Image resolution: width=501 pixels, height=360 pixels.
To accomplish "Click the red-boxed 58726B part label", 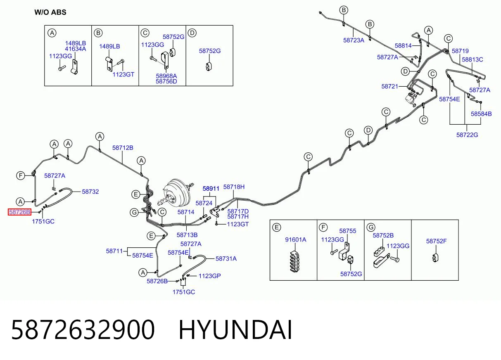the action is point(19,212).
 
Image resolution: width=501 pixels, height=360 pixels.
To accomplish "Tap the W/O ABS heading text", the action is point(50,12).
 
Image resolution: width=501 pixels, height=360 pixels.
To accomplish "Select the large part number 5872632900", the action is point(83,330).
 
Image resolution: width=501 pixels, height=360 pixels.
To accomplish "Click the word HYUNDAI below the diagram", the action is point(235,330).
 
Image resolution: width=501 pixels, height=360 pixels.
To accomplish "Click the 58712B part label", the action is point(123,148).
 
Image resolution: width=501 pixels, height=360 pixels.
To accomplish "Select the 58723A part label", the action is point(354,40).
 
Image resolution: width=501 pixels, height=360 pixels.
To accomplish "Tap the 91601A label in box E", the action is point(295,240).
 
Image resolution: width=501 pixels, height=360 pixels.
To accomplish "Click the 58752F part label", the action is point(437,241).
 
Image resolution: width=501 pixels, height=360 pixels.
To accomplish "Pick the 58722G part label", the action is point(467,135).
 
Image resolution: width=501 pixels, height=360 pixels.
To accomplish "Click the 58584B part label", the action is point(481,114).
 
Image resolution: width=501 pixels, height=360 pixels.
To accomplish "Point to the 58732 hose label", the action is point(90,192).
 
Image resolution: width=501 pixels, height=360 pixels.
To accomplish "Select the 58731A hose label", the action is point(226,259).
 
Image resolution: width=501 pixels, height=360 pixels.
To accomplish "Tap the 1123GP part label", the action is point(209,276).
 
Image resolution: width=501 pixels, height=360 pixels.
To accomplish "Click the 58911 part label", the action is point(211,189).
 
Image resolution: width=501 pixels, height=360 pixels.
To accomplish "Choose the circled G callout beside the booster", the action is point(134,213).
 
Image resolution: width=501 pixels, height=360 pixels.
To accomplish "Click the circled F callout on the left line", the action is point(21,175).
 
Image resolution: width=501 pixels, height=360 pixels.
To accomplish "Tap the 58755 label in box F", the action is point(348,231).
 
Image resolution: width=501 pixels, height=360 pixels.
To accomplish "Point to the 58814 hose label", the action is point(403,45).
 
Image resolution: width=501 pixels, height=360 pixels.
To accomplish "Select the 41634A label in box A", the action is point(75,49).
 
